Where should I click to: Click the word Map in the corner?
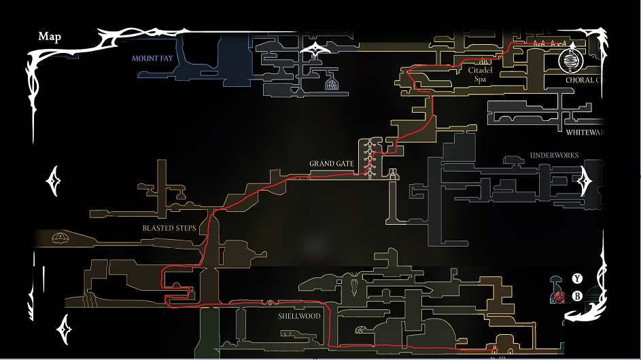pyautogui.click(x=49, y=37)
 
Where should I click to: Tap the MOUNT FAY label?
pyautogui.click(x=152, y=58)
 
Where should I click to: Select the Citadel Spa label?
pyautogui.click(x=480, y=75)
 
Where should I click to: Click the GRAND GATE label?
pyautogui.click(x=331, y=164)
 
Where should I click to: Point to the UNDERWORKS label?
pyautogui.click(x=554, y=156)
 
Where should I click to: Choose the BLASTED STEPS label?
pyautogui.click(x=169, y=228)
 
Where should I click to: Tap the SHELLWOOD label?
pyautogui.click(x=299, y=316)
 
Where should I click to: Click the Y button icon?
pyautogui.click(x=577, y=278)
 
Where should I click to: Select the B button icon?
pyautogui.click(x=577, y=295)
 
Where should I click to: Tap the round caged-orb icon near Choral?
pyautogui.click(x=570, y=62)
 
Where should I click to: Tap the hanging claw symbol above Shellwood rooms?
pyautogui.click(x=356, y=283)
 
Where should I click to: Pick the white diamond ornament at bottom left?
pyautogui.click(x=66, y=329)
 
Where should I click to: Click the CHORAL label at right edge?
pyautogui.click(x=584, y=80)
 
